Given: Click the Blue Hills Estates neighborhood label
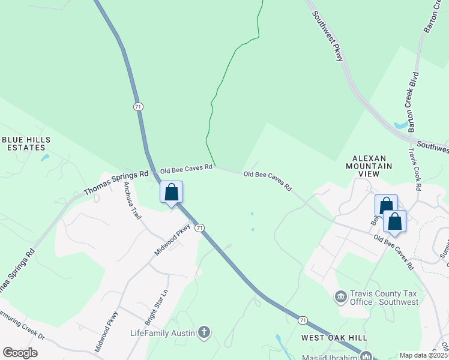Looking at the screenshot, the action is coord(26,143).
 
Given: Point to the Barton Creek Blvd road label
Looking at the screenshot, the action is coord(414,102).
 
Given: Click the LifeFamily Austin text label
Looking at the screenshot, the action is coord(163,333).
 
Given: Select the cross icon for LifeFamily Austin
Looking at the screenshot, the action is coord(204,332).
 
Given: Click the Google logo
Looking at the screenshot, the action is coord(20,353).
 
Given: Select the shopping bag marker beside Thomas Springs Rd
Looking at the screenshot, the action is coord(171,193).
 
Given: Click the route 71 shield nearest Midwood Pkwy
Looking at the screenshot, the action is coord(200,227).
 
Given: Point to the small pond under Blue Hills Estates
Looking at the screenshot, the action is coord(45,158).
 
